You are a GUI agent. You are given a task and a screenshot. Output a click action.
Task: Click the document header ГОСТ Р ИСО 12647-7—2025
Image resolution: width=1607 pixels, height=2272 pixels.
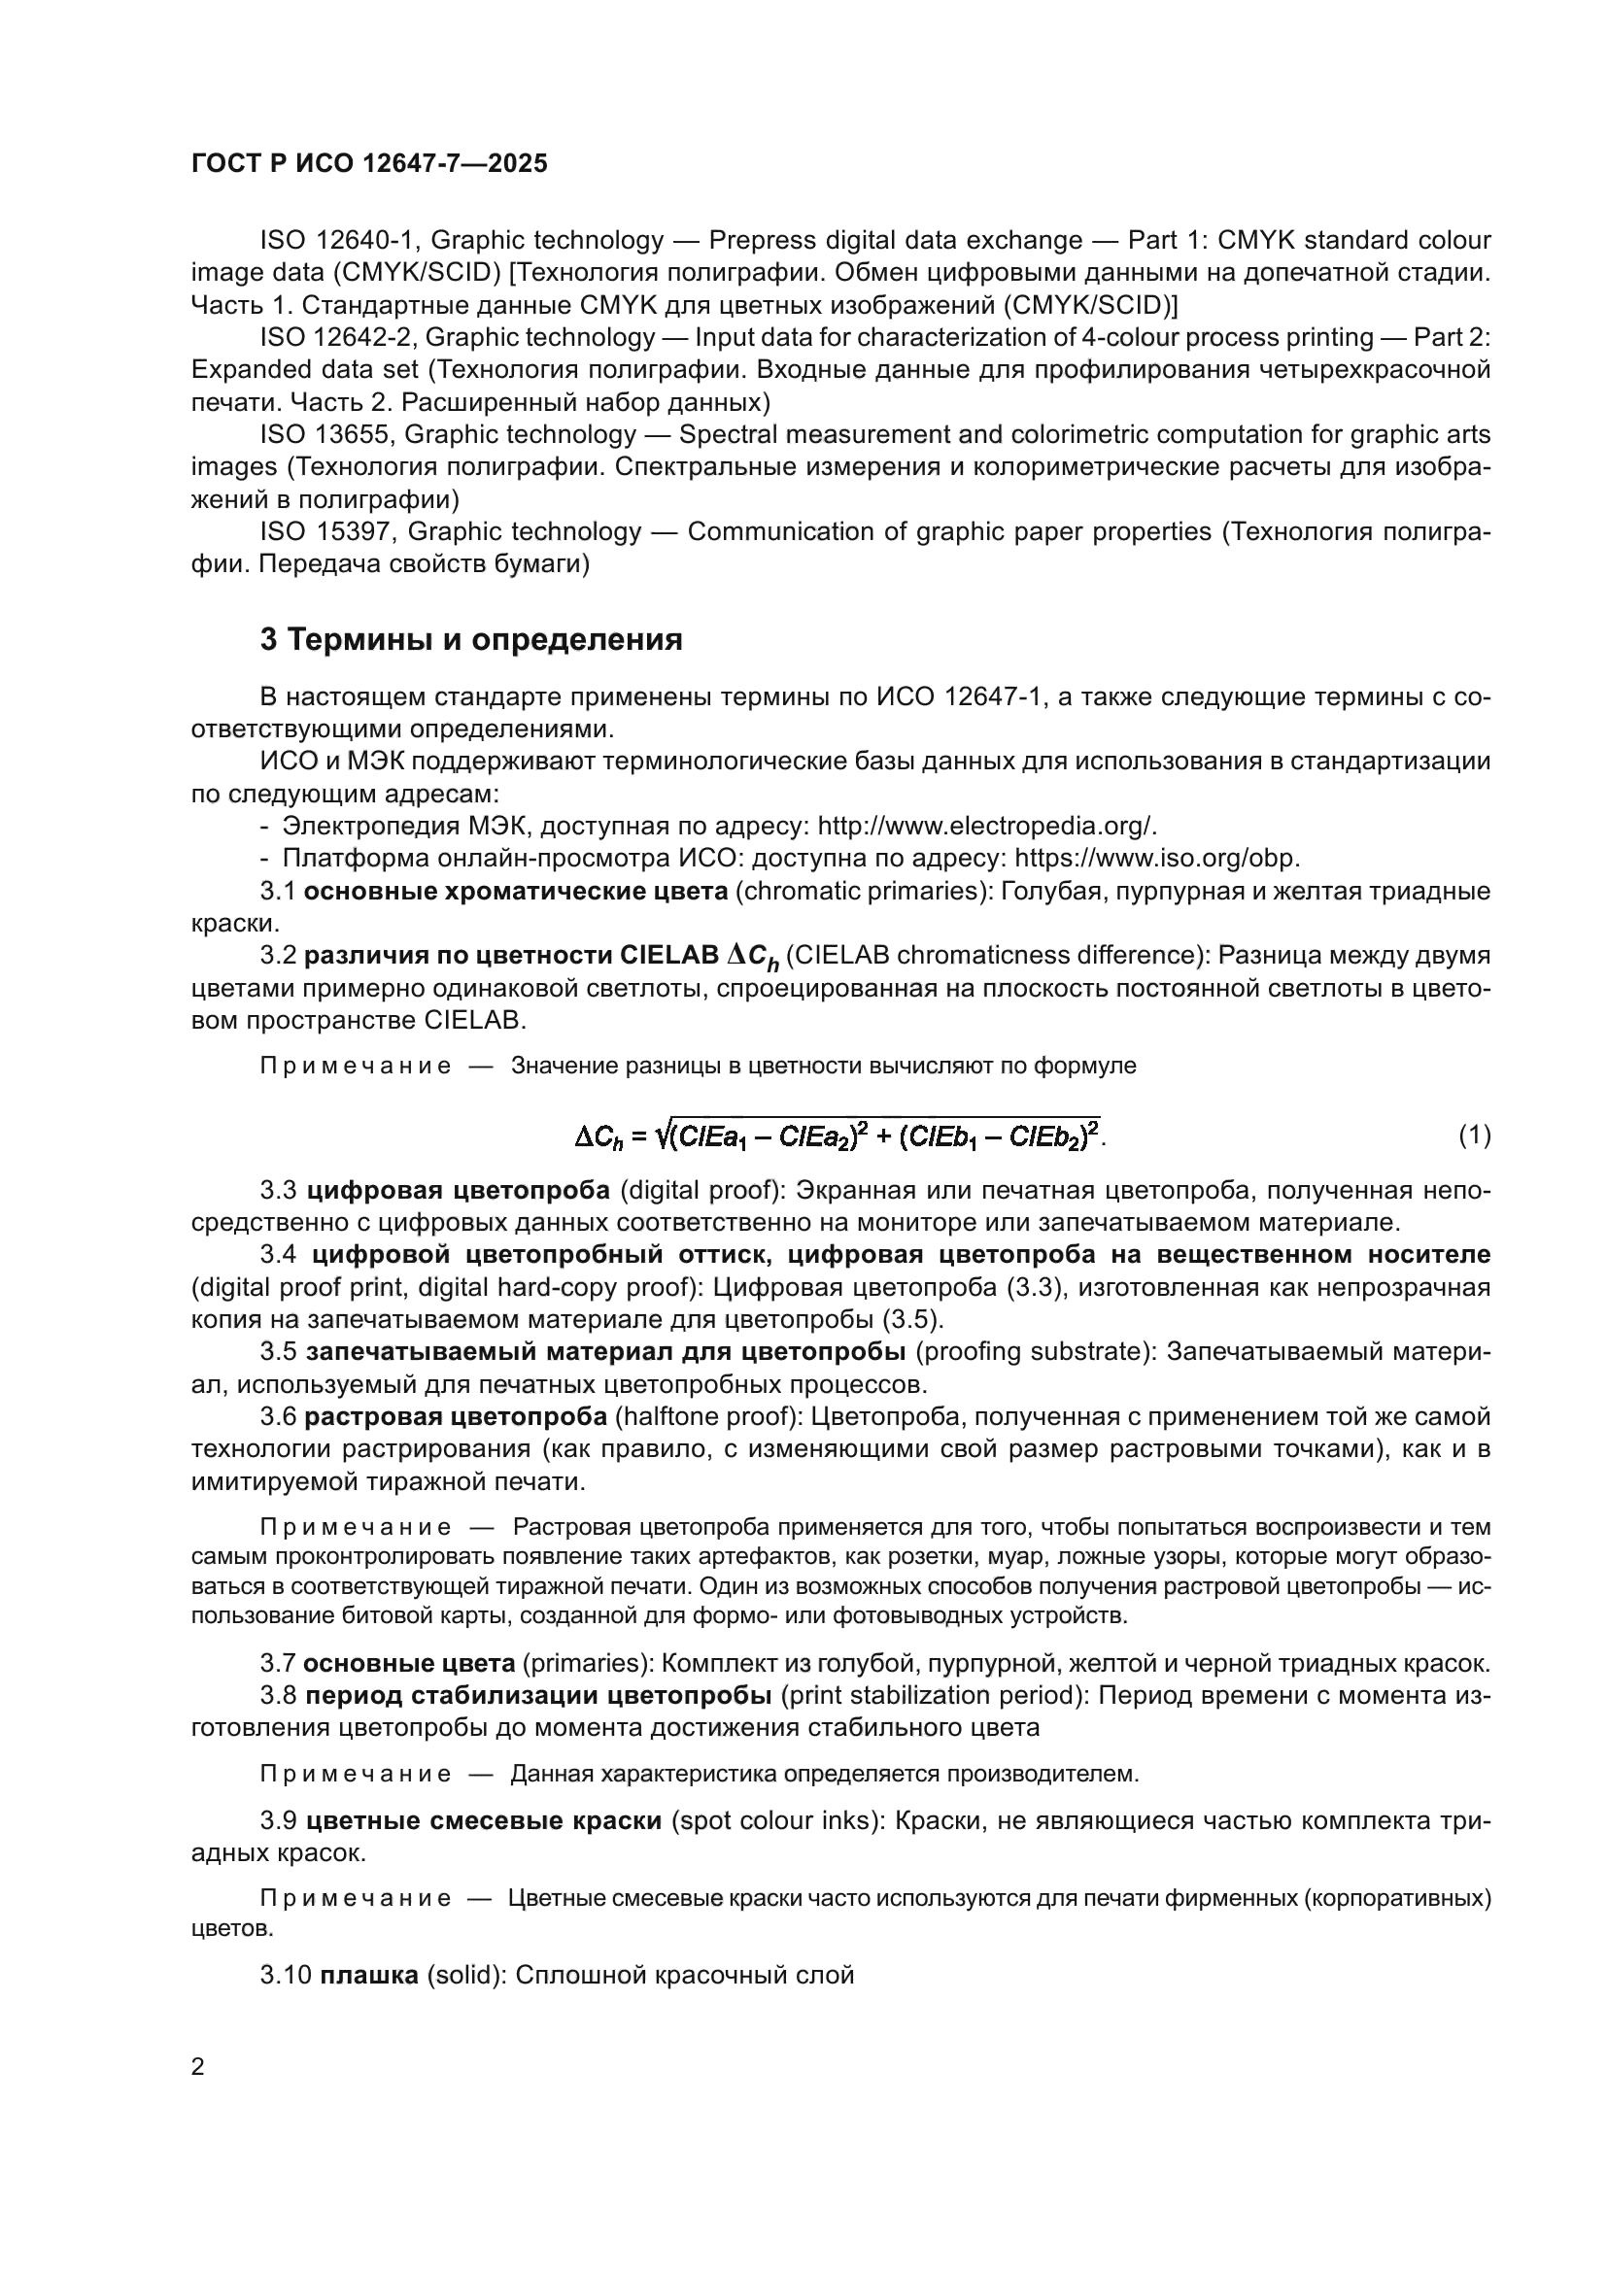(x=369, y=164)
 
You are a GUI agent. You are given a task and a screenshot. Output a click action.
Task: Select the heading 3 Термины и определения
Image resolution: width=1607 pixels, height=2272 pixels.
(x=471, y=640)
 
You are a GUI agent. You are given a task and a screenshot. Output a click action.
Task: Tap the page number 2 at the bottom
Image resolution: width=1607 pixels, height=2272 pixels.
(x=198, y=2066)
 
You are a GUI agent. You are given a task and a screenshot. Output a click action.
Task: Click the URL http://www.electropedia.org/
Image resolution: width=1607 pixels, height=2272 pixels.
(x=986, y=826)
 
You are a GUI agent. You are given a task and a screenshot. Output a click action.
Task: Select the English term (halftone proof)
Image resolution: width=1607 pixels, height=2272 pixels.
(x=708, y=1417)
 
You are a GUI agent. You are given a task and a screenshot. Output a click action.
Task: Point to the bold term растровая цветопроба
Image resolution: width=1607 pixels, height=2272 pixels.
(x=455, y=1417)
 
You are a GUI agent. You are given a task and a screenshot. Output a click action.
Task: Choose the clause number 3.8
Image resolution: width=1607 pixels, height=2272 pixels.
(x=278, y=1696)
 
